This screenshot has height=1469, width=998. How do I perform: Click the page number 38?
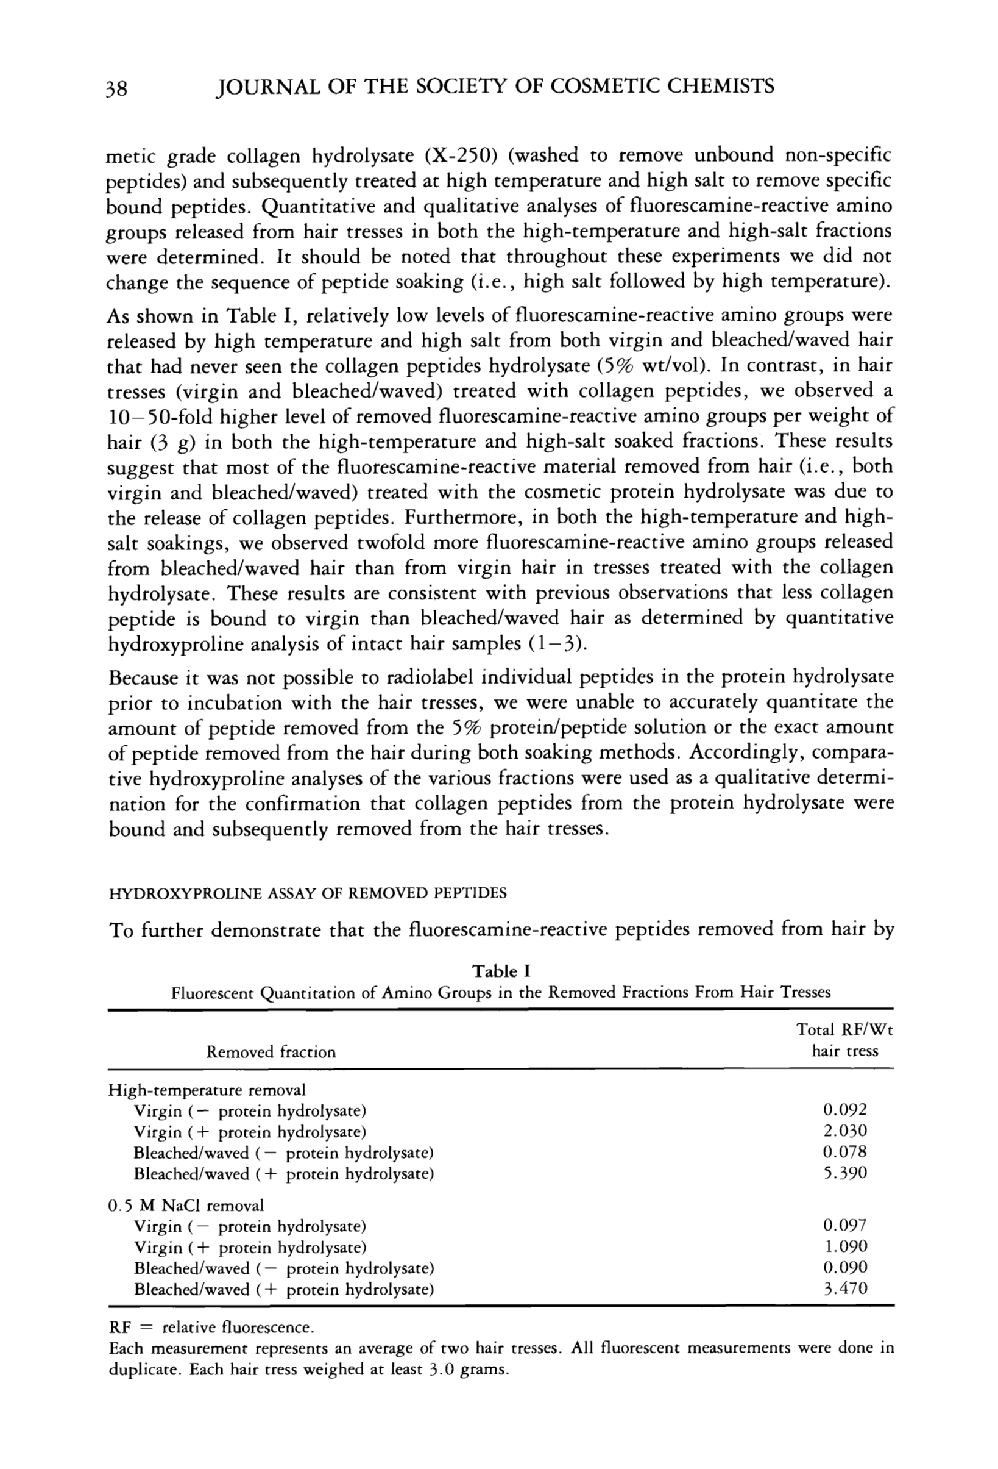pyautogui.click(x=117, y=87)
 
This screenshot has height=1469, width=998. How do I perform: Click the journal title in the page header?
pyautogui.click(x=495, y=86)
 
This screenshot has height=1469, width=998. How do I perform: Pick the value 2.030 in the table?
pyautogui.click(x=844, y=1131)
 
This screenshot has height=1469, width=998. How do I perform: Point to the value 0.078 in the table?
pyautogui.click(x=844, y=1152)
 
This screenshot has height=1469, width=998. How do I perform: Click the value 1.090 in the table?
pyautogui.click(x=844, y=1246)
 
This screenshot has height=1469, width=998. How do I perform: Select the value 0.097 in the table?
pyautogui.click(x=844, y=1225)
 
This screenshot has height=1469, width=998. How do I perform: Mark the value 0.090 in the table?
pyautogui.click(x=844, y=1267)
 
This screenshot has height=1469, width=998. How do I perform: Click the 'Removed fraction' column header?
pyautogui.click(x=271, y=1052)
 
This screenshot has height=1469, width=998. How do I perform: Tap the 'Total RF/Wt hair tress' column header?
pyautogui.click(x=844, y=1040)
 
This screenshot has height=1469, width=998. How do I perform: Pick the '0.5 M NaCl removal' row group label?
pyautogui.click(x=186, y=1205)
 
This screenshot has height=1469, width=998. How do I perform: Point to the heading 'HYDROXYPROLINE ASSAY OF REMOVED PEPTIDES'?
pyautogui.click(x=308, y=893)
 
